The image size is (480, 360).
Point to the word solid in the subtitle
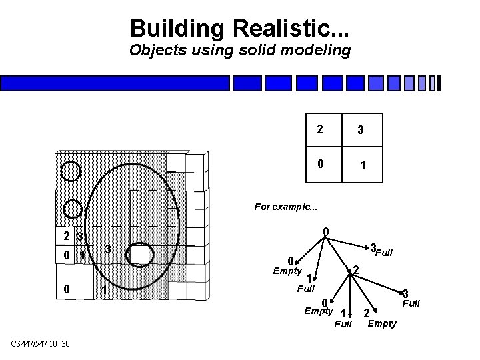click(x=248, y=51)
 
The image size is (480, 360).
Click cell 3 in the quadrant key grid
click(x=360, y=131)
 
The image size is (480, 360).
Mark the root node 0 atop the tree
click(x=325, y=233)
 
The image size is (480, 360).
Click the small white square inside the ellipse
click(x=139, y=254)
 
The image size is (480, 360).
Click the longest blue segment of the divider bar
click(x=115, y=83)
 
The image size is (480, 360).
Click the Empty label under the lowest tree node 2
click(x=381, y=323)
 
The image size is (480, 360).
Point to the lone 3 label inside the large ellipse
click(x=107, y=249)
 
